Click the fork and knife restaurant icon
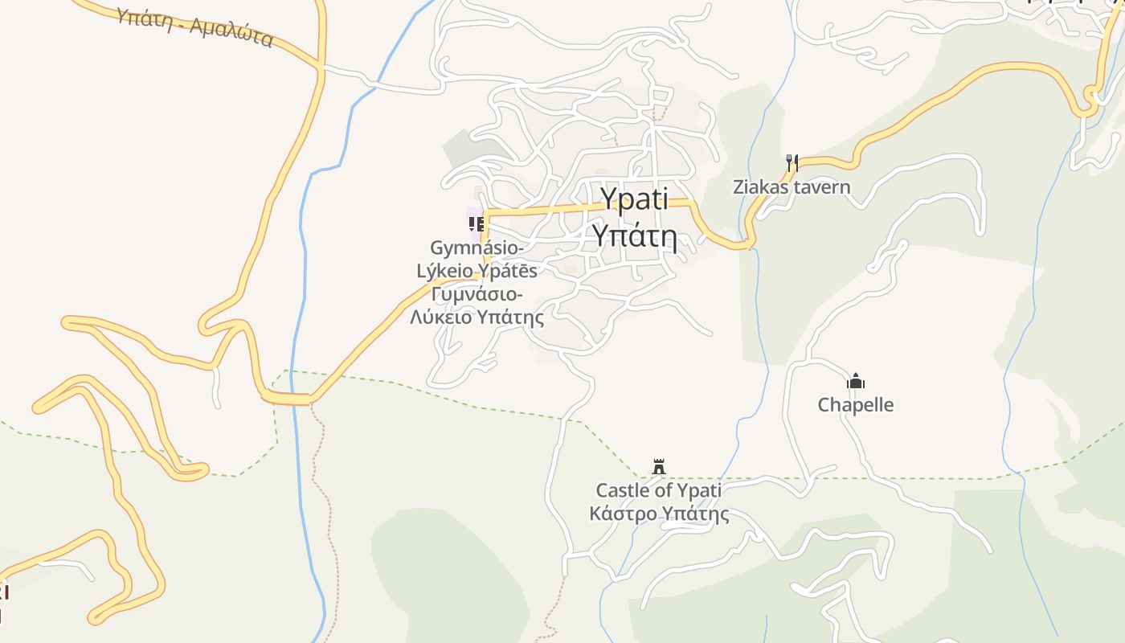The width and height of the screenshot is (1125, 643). pyautogui.click(x=792, y=164)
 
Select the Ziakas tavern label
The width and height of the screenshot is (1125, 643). pyautogui.click(x=792, y=187)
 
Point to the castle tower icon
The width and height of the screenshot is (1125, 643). pyautogui.click(x=659, y=466)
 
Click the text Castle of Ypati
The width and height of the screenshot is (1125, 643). pyautogui.click(x=658, y=490)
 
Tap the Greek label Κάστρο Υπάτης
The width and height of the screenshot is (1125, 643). pyautogui.click(x=659, y=514)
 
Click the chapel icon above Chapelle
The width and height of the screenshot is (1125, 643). pyautogui.click(x=856, y=381)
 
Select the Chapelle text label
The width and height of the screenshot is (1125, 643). pyautogui.click(x=856, y=404)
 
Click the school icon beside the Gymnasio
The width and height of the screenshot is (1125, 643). pyautogui.click(x=476, y=223)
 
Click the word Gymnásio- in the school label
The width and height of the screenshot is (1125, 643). pyautogui.click(x=477, y=248)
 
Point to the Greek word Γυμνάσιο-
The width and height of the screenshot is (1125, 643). pyautogui.click(x=477, y=294)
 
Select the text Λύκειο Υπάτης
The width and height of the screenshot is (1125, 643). pyautogui.click(x=477, y=317)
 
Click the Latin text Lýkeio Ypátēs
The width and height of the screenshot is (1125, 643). pyautogui.click(x=477, y=270)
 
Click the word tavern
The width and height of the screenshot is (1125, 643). pyautogui.click(x=821, y=187)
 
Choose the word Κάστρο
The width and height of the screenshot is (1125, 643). pyautogui.click(x=617, y=514)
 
